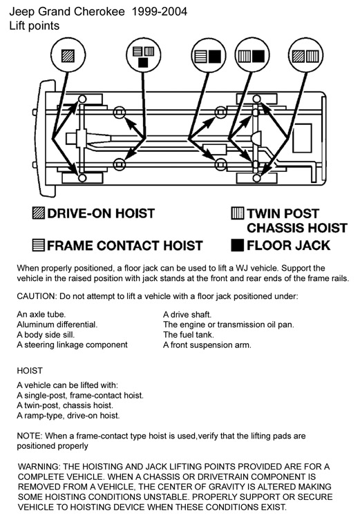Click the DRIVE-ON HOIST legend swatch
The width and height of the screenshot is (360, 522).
tap(38, 213)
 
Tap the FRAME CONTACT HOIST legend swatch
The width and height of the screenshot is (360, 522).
tap(38, 245)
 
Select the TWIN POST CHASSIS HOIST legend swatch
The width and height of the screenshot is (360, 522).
tap(237, 213)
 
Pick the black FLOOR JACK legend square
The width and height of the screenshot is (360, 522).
tap(237, 245)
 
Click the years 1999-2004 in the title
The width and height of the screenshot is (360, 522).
tap(160, 12)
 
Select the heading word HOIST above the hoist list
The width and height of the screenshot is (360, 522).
tap(30, 371)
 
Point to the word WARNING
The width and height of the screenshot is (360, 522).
tap(38, 467)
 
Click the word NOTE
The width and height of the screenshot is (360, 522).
tap(29, 436)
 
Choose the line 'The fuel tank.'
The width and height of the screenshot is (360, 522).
tap(189, 335)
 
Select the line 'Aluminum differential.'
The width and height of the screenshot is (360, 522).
tap(57, 325)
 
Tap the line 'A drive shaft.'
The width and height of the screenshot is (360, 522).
tap(187, 315)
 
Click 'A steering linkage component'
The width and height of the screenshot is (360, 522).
tap(73, 345)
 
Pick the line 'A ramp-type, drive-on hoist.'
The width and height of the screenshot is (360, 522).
tap(68, 416)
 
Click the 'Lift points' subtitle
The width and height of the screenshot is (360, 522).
tap(35, 26)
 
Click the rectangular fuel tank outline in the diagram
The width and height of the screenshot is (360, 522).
tap(303, 138)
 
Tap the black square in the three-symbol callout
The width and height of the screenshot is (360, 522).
tap(143, 63)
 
